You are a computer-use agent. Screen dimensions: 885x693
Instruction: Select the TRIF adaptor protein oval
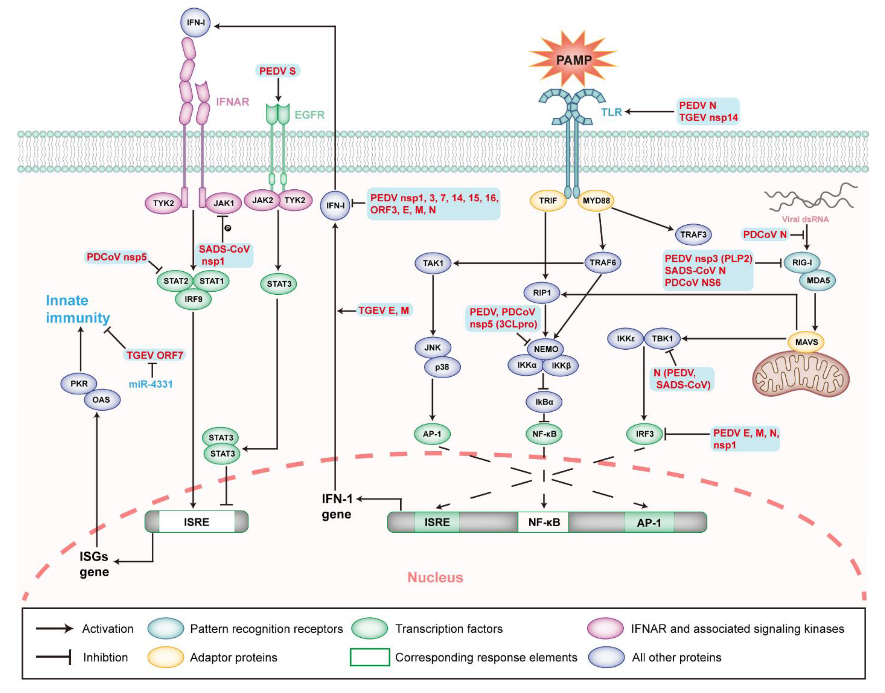click(548, 201)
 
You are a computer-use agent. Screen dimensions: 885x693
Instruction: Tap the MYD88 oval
click(596, 201)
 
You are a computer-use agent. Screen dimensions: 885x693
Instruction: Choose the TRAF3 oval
click(693, 235)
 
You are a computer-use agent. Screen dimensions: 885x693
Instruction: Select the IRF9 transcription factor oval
click(193, 300)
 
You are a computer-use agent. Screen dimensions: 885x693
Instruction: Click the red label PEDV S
click(277, 71)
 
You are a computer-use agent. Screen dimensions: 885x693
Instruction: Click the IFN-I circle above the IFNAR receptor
click(195, 22)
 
